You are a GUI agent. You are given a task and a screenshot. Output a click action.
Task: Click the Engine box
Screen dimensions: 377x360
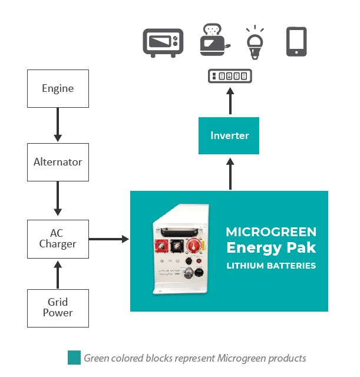point(58,89)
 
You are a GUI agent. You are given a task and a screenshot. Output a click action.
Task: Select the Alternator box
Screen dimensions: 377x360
point(58,162)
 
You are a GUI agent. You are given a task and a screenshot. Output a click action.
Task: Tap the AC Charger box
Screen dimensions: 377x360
point(58,239)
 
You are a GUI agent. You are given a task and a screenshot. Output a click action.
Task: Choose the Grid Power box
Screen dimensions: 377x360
point(58,308)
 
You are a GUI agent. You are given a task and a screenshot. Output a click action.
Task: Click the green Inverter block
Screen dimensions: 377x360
point(229,135)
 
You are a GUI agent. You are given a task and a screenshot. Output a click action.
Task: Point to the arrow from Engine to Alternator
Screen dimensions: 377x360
point(58,125)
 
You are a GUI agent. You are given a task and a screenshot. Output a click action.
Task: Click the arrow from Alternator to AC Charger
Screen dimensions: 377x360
point(58,199)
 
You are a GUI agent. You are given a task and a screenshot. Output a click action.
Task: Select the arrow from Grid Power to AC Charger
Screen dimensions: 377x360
point(58,273)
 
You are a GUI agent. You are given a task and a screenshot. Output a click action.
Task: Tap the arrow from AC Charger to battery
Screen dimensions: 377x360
point(109,239)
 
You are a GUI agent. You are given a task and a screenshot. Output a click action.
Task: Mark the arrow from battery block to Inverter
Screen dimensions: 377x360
point(230,173)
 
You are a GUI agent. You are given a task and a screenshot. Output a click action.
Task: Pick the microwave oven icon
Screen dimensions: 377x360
point(163,42)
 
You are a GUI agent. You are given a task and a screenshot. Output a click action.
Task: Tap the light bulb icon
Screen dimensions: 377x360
point(255,42)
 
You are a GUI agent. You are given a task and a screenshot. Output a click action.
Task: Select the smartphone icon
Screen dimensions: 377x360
point(296,41)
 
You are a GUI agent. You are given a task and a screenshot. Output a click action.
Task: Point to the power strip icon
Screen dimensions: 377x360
point(230,76)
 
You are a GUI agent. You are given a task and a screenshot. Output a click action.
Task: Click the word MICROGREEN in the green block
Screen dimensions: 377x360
point(271,232)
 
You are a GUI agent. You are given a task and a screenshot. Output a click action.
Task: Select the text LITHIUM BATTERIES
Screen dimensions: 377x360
point(271,266)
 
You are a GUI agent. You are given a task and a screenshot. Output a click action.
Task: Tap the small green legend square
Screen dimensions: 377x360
point(74,358)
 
